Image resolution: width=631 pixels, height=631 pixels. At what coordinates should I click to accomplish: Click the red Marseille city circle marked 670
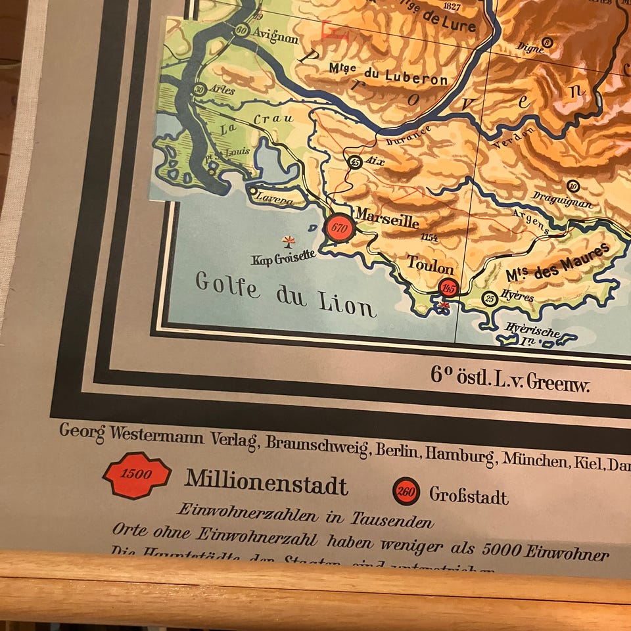[339, 228]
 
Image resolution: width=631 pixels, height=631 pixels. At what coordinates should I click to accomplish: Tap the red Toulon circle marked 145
[449, 288]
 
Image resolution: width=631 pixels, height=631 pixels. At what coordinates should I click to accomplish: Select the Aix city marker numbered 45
[356, 162]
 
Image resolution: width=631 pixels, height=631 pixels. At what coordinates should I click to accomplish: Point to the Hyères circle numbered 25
[490, 299]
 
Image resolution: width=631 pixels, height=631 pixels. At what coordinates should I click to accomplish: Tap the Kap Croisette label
[283, 256]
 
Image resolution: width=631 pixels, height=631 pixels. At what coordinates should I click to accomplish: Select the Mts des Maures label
[558, 262]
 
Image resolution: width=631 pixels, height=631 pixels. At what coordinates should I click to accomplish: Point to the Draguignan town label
[563, 200]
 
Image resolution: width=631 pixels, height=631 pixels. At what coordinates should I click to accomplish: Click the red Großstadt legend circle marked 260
[406, 491]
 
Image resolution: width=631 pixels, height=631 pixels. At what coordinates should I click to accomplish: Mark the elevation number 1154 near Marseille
[429, 237]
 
